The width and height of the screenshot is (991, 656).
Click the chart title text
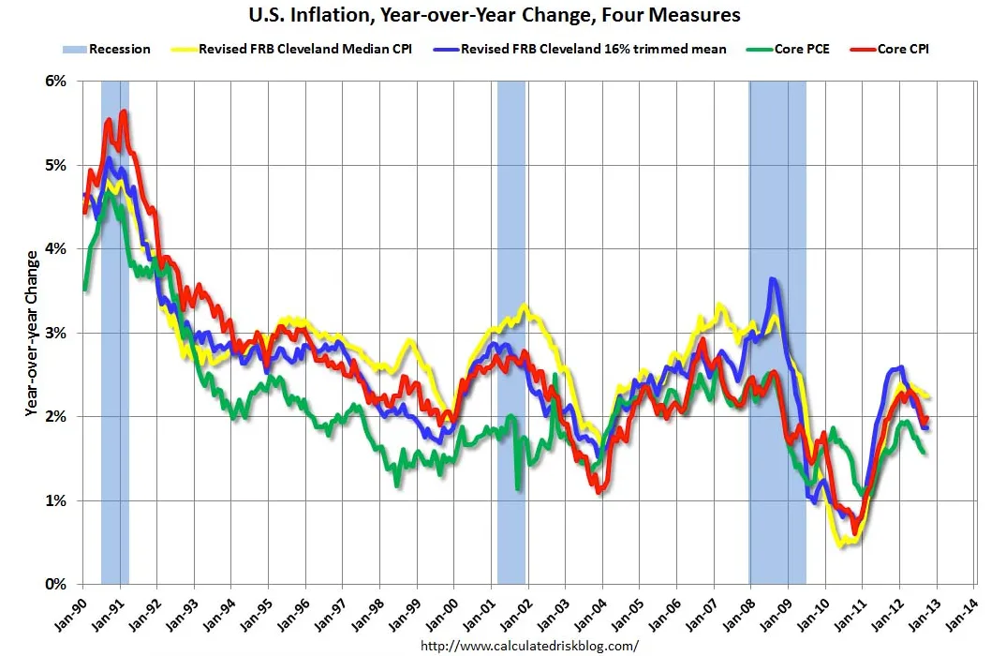pyautogui.click(x=494, y=15)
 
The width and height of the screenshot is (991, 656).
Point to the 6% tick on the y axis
pyautogui.click(x=55, y=82)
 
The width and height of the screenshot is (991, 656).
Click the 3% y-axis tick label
pyautogui.click(x=55, y=333)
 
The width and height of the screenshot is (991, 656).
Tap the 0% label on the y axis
pyautogui.click(x=55, y=584)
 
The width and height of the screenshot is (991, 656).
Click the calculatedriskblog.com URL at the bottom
pyautogui.click(x=529, y=646)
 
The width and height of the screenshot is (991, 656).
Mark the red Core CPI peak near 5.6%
pyautogui.click(x=124, y=112)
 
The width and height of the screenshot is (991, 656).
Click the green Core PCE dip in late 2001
pyautogui.click(x=518, y=486)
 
